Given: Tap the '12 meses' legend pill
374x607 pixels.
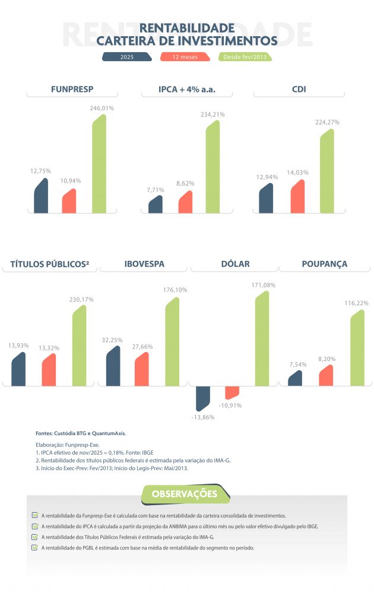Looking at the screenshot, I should coord(185,57).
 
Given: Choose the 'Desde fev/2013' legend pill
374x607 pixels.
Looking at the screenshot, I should coord(246,57).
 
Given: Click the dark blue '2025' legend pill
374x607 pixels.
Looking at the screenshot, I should coord(126,57).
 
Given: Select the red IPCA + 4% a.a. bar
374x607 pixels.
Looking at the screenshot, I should coord(185,202).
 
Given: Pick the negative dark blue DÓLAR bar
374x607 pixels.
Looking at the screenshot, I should coord(202,398).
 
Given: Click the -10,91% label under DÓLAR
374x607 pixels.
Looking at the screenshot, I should coord(230,405).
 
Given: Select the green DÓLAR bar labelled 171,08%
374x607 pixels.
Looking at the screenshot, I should coord(262,338).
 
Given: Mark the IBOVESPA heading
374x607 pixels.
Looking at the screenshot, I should coord(144,264).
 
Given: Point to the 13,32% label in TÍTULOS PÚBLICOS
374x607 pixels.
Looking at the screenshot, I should coord(49,347).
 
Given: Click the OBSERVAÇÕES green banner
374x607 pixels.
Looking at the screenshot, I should coord(184,494).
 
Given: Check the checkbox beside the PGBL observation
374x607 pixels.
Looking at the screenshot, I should coord(35,548).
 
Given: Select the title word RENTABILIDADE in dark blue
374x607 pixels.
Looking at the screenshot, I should coord(187,28).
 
